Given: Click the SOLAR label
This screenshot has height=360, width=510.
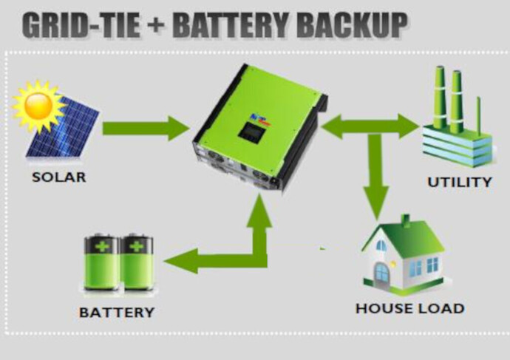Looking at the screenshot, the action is coord(59,177).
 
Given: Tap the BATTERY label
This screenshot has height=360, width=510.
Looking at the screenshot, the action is coord(117,312).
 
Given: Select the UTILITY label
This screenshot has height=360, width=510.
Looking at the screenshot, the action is coord(459,182).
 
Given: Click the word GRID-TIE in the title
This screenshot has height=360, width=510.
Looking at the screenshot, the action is coord(81,25).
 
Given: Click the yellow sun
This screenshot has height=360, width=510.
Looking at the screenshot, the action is coord(38,106).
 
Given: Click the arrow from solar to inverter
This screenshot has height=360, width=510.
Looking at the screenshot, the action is coord(146,128).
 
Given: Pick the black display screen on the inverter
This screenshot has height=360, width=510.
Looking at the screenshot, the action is coord(251,132).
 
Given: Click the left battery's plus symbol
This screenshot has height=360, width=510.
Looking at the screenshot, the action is coord(103,247).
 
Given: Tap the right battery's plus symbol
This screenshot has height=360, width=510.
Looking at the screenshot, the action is coord(137,247).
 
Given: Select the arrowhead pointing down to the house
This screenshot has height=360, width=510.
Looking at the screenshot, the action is coord(376,203).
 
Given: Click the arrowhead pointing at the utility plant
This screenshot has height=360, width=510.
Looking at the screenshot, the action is coord(409,126).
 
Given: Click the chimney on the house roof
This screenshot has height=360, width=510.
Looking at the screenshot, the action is coord(405,220).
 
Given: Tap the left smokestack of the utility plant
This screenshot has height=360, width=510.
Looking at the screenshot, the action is coord(440,98).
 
